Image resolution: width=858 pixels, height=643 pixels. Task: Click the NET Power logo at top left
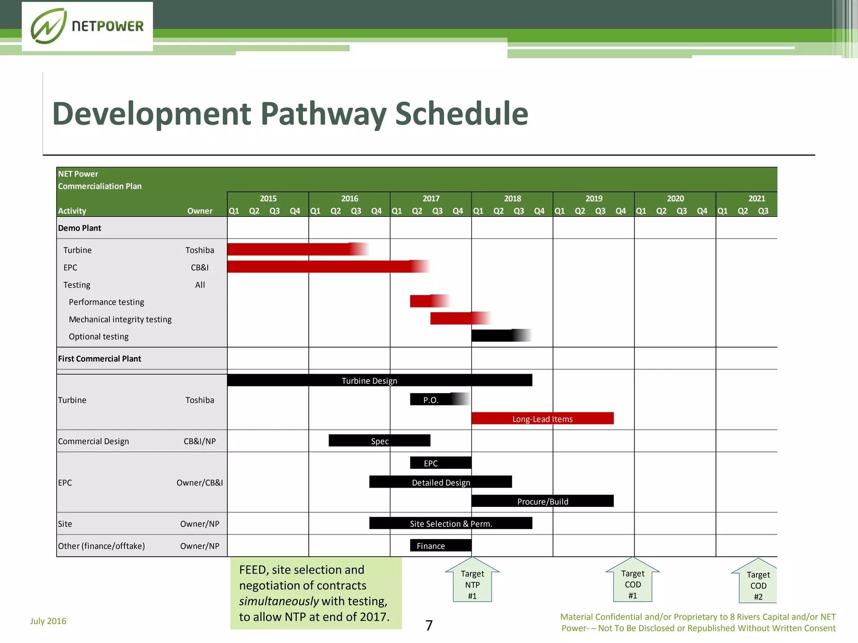pos(87,26)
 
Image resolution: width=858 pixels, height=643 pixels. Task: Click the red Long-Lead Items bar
pos(542,419)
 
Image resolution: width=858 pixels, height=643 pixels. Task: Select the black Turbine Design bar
pos(379,381)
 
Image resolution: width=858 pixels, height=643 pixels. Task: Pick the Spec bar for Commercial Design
pos(379,441)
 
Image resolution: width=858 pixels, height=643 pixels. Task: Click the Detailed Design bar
pos(440,482)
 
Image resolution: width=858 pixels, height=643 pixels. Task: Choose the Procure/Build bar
pos(542,501)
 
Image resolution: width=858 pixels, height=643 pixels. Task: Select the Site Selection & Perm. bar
pos(450,523)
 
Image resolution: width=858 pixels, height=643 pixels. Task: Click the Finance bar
pos(440,545)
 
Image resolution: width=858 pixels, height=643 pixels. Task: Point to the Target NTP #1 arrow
pos(472,581)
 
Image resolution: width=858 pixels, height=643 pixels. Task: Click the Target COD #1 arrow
pos(633,581)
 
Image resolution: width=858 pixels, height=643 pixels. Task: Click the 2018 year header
pos(512,198)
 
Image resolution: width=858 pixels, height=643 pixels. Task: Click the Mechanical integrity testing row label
pos(120,319)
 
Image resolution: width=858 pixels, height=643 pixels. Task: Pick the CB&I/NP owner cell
pos(199,441)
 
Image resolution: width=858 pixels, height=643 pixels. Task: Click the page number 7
pos(429,625)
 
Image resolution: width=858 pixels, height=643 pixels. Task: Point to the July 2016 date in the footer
pos(48,621)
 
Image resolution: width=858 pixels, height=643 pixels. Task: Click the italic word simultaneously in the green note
pos(279,601)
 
